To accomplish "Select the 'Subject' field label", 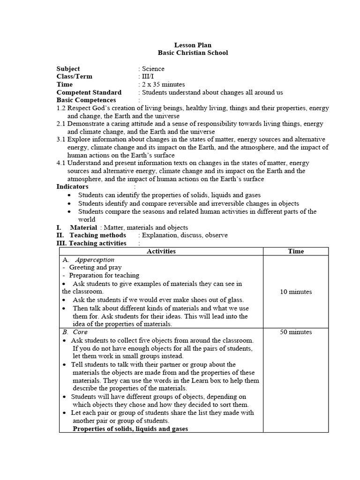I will pyautogui.click(x=68, y=69).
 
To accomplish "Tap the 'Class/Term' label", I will pyautogui.click(x=75, y=76).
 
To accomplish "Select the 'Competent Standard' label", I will pyautogui.click(x=89, y=92).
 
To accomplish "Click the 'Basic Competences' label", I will pyautogui.click(x=86, y=100).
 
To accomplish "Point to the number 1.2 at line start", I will pyautogui.click(x=61, y=108).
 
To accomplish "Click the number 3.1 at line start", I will pyautogui.click(x=61, y=140).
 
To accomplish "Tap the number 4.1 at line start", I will pyautogui.click(x=61, y=163).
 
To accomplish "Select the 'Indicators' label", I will pyautogui.click(x=73, y=187).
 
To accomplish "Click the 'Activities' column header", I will pyautogui.click(x=161, y=251).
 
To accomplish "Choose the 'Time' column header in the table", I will pyautogui.click(x=296, y=251).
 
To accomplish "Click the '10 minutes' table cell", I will pyautogui.click(x=296, y=292).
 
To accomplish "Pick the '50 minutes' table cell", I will pyautogui.click(x=296, y=332).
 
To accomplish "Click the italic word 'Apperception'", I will pyautogui.click(x=95, y=259).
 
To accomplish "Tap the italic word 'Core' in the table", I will pyautogui.click(x=80, y=332).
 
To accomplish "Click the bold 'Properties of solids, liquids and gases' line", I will pyautogui.click(x=130, y=429).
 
